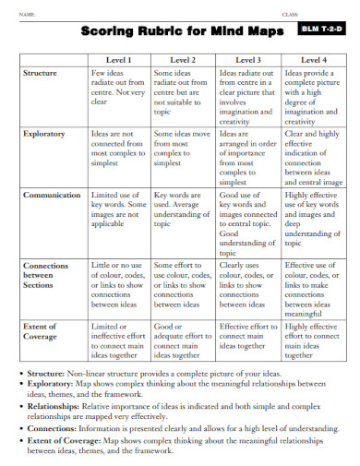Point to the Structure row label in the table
(x=41, y=72)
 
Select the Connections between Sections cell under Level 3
(x=246, y=283)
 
